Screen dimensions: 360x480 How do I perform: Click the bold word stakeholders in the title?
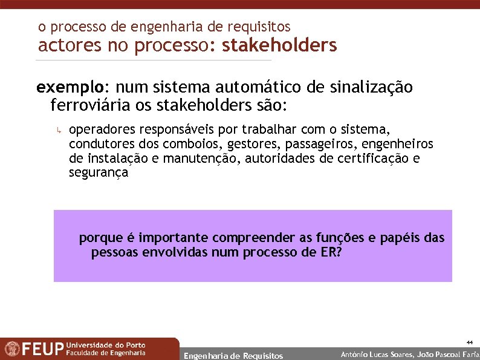(279, 45)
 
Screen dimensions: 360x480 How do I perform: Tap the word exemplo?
(63, 88)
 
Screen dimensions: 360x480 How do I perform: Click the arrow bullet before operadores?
(59, 130)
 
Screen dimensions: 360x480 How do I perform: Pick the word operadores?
(102, 130)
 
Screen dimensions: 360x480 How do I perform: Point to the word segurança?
(99, 173)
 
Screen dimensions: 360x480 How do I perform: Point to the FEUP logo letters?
(43, 350)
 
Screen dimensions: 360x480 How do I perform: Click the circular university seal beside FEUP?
(11, 349)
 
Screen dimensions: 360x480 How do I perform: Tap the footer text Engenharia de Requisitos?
(233, 356)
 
